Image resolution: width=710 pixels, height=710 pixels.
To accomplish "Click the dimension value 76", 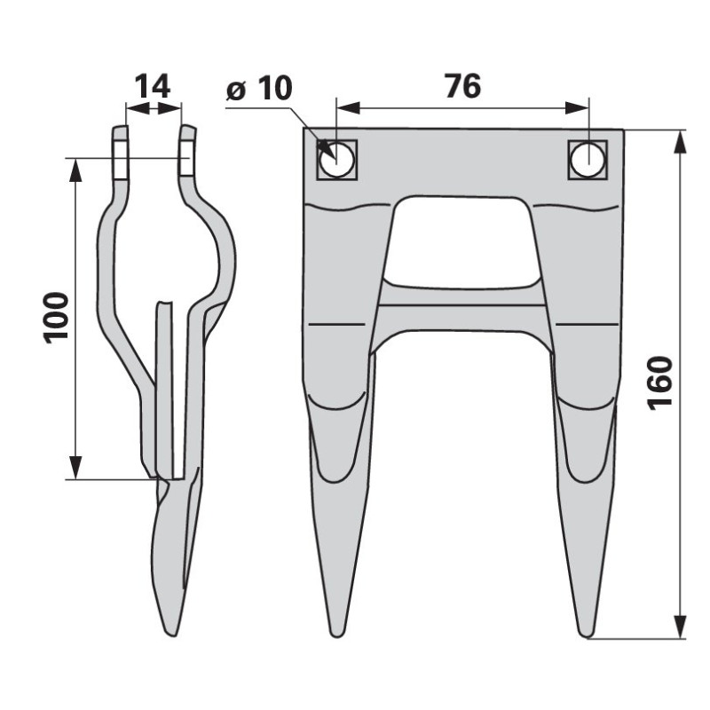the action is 462,86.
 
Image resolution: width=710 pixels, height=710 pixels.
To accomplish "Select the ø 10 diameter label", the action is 259,88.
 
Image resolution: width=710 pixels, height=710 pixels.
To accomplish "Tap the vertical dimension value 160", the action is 659,383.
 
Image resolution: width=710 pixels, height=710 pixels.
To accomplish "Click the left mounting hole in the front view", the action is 336,160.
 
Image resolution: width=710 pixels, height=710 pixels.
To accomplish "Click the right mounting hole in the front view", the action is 588,160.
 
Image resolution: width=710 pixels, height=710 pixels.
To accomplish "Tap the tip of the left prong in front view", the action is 336,635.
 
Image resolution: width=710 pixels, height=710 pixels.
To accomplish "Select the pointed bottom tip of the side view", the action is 171,635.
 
